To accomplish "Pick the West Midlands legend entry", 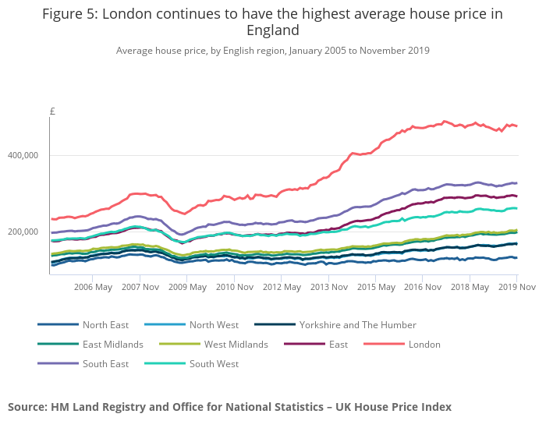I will coord(236,344).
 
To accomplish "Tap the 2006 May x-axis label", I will coord(92,287).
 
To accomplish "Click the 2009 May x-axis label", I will coord(189,287).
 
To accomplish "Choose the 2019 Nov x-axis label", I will coord(516,287).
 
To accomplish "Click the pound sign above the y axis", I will coord(52,111).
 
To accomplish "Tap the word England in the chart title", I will coord(273,30).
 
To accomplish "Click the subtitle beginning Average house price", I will coord(273,51).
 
